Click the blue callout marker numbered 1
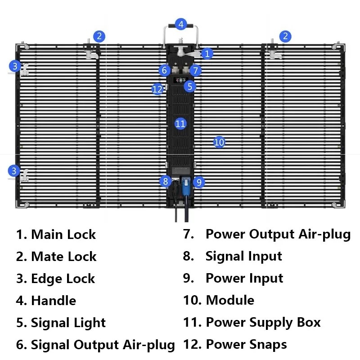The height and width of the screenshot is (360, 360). [207, 54]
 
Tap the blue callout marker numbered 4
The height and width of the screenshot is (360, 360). [181, 24]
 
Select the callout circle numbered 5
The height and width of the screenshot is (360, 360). [190, 86]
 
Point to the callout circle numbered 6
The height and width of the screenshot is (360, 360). [164, 70]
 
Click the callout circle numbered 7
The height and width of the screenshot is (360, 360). [195, 71]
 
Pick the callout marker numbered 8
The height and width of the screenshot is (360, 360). [166, 181]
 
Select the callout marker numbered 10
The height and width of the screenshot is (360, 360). [219, 142]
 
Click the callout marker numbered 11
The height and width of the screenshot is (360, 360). [180, 123]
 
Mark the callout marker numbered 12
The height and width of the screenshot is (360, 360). [157, 89]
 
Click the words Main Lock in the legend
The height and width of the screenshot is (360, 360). [63, 234]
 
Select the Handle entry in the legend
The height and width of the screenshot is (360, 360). [53, 301]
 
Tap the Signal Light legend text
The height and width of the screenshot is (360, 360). [68, 323]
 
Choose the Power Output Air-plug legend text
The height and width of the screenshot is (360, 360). [278, 234]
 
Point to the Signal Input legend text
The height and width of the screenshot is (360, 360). [243, 256]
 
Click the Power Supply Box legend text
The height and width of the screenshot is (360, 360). [263, 323]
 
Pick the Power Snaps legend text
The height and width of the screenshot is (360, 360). [246, 345]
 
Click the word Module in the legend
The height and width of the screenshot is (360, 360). [230, 300]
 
